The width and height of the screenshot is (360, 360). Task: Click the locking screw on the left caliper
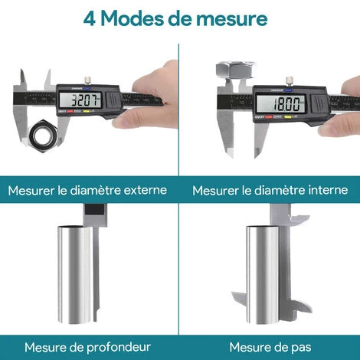coord(90,78)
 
